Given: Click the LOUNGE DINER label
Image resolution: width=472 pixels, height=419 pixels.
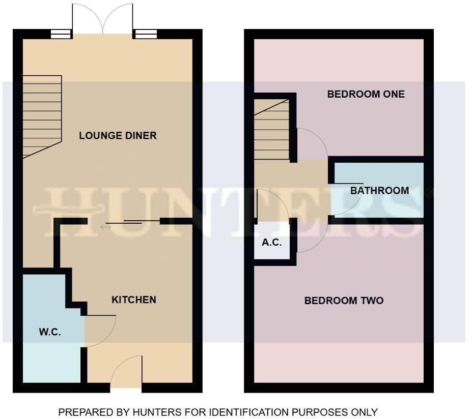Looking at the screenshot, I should (x=118, y=136).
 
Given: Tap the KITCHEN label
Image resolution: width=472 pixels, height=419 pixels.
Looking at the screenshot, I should (x=133, y=300).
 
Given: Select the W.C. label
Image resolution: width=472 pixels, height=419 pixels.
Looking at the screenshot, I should (x=50, y=333).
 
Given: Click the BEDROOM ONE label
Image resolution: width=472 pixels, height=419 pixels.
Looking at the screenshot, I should (x=366, y=94).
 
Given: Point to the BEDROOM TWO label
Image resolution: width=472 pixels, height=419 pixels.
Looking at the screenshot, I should (x=344, y=301).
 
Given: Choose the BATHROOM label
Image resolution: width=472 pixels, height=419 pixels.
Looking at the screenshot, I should (x=379, y=191).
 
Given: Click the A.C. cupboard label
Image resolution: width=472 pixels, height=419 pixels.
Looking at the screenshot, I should (x=272, y=243).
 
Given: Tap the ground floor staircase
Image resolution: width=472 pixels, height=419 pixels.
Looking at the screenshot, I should (x=42, y=116).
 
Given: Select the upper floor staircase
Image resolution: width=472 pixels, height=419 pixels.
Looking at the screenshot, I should (x=271, y=130).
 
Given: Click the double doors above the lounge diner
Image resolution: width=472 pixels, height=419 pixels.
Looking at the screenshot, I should (x=103, y=19).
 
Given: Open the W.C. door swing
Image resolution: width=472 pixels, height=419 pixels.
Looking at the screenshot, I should (x=100, y=331).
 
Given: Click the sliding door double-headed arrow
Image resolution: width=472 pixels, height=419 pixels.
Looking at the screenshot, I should (x=105, y=227).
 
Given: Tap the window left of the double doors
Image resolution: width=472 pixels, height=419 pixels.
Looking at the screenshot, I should (x=62, y=34).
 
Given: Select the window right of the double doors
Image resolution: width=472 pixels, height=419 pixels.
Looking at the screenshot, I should (x=145, y=34).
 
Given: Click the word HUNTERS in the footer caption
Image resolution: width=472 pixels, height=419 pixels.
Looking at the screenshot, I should (x=147, y=412).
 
